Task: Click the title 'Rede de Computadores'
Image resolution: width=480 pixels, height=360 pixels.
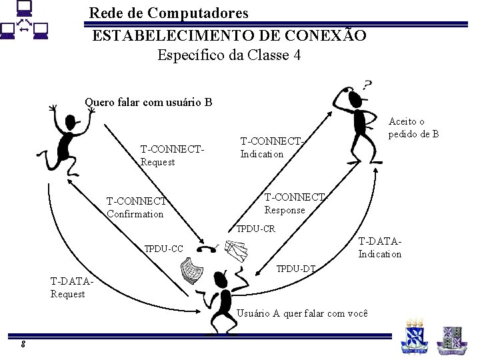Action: coord(169,13)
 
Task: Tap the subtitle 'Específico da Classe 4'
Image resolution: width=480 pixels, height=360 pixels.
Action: coord(229,55)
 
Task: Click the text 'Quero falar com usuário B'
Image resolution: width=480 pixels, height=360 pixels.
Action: coord(148,103)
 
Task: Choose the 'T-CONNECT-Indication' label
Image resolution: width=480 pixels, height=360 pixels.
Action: coord(271,148)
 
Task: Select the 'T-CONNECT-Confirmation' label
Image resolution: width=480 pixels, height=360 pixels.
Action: coord(137,207)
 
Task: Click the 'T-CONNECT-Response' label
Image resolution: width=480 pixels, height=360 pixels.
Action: coord(295,203)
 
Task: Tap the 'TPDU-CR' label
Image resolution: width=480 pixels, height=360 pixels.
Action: coord(256,229)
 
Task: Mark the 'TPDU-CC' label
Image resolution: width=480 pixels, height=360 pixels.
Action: coord(164,249)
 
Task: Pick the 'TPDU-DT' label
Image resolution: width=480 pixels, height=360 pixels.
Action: coord(296,269)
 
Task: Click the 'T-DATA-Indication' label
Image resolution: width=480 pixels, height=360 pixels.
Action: coord(380,247)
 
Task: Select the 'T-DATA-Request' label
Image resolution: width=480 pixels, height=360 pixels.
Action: coord(70,287)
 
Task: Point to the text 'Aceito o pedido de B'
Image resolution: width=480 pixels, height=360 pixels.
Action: coord(413,127)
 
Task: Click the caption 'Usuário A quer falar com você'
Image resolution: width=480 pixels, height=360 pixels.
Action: coord(303,313)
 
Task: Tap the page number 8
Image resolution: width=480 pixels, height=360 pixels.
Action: coord(23,344)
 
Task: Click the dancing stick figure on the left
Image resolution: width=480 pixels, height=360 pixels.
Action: coord(66,140)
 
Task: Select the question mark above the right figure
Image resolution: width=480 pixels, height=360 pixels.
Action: coord(367,85)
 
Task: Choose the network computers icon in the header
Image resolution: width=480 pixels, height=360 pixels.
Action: coord(24,21)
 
